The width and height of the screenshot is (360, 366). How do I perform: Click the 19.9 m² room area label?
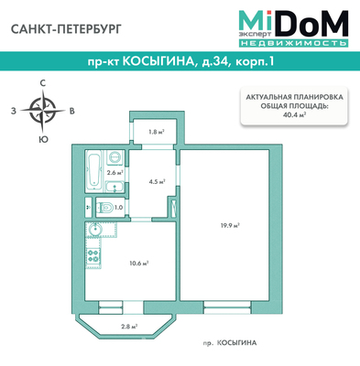point(230,226)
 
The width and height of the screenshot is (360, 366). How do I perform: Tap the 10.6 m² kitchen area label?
point(139,264)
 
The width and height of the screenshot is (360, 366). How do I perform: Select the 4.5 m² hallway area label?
point(157,181)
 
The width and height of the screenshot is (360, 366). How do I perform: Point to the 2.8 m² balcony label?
point(129,327)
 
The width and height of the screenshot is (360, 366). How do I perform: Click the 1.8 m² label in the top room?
point(157,132)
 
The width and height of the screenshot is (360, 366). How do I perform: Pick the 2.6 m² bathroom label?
point(115,173)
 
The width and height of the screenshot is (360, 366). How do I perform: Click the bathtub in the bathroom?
point(94,170)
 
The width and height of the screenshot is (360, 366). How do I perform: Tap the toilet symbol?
point(104,208)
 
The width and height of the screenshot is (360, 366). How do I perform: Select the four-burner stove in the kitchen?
point(93,256)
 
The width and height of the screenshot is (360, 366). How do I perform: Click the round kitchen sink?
point(95,229)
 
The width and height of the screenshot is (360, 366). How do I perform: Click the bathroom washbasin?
point(115,187)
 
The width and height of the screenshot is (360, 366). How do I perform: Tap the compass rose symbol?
point(43,110)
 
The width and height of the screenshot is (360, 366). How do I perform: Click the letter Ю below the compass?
point(43,139)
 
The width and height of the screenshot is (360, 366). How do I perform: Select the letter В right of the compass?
point(72,111)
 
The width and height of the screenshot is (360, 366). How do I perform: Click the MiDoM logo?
point(293,28)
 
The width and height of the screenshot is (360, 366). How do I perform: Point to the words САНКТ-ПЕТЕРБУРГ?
point(66,29)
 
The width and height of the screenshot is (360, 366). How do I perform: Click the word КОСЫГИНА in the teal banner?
point(158,62)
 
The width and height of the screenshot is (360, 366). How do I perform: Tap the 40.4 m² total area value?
point(295,114)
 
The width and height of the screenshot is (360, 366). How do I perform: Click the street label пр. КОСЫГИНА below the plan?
point(229,343)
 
